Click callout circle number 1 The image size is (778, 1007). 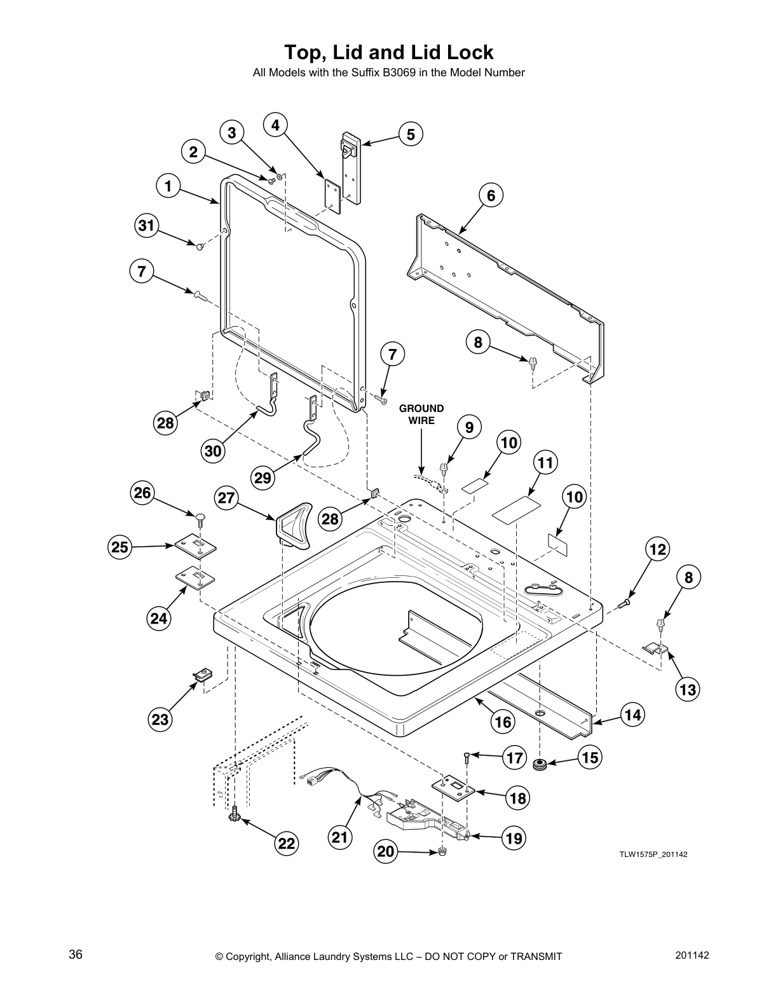coord(168,186)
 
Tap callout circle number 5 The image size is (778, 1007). coord(411,134)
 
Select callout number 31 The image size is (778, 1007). coord(147,225)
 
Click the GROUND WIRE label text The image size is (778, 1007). coord(421,414)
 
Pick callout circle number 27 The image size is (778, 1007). coord(226,498)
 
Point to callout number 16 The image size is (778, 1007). coord(503,722)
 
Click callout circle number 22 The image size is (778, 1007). coord(287,843)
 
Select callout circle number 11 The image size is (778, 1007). coord(545,463)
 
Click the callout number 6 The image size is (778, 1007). coord(491,196)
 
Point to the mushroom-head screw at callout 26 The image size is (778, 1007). coord(200,518)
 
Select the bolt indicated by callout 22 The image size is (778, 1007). coord(235,815)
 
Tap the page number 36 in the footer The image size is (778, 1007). coord(76,955)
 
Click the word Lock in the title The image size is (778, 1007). coord(468,51)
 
